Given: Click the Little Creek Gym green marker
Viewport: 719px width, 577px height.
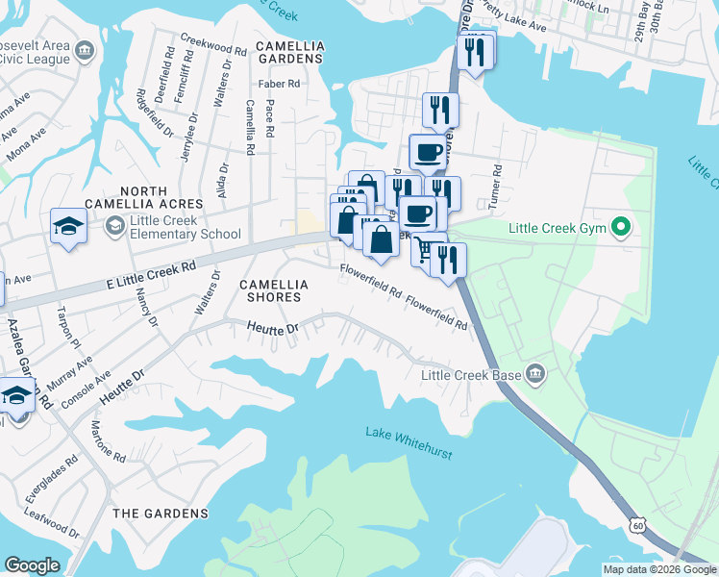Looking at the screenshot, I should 622,228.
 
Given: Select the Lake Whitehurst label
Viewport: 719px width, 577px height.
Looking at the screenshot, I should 409,434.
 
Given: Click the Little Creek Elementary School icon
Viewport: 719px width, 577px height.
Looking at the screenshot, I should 114,225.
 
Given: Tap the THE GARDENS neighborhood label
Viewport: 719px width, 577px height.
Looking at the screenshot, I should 161,514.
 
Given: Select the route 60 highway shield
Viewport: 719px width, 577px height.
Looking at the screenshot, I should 638,523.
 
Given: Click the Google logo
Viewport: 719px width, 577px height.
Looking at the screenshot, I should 32,565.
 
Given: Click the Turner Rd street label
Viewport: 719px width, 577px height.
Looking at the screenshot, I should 498,182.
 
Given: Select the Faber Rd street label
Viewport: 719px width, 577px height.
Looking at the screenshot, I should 280,84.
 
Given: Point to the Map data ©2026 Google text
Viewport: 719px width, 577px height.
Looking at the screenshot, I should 659,569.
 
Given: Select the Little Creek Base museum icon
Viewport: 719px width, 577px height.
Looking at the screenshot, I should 535,373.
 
